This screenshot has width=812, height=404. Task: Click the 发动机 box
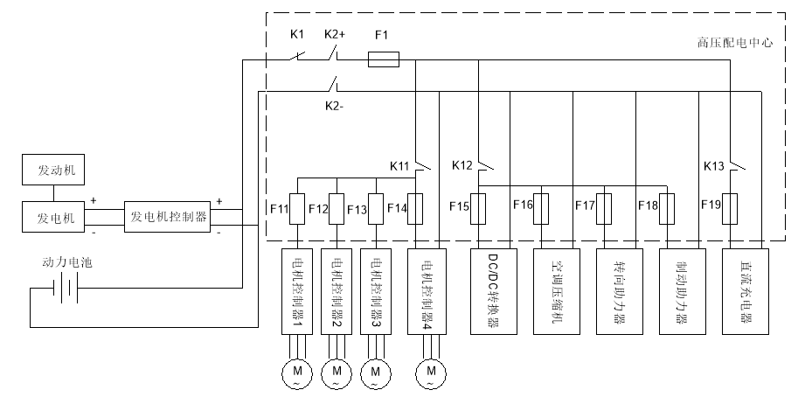pyautogui.click(x=55, y=170)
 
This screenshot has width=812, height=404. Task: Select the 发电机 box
pyautogui.click(x=55, y=215)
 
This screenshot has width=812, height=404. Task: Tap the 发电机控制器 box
pyautogui.click(x=169, y=216)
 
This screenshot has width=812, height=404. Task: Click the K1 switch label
pyautogui.click(x=296, y=34)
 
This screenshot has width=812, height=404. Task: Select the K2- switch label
pyautogui.click(x=336, y=105)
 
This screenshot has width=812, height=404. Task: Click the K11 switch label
pyautogui.click(x=400, y=164)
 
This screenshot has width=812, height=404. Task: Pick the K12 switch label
pyautogui.click(x=462, y=164)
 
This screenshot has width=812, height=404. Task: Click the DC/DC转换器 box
pyautogui.click(x=492, y=291)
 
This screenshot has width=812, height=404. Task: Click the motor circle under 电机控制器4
pyautogui.click(x=431, y=373)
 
